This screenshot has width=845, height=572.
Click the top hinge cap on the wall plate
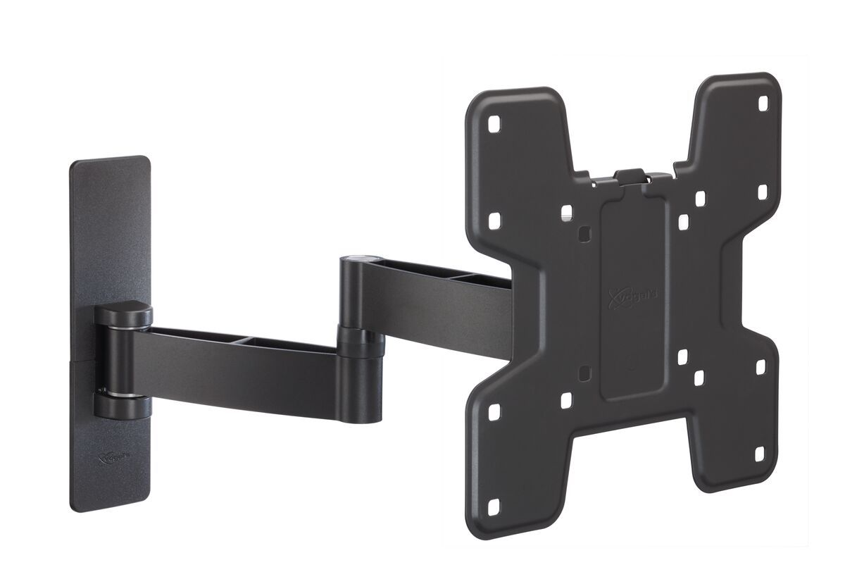[x=124, y=313]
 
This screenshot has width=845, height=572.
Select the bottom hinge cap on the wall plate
[x=124, y=406]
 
